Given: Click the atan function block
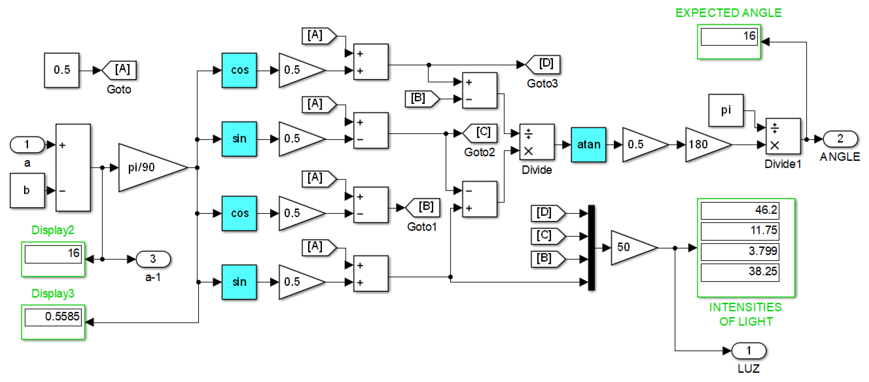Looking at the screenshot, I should (x=588, y=145).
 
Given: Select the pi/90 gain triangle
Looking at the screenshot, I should (x=149, y=168).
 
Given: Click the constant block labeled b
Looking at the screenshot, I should (x=27, y=191).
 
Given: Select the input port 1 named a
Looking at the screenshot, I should (x=27, y=145).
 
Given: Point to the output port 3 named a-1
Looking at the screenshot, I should (x=153, y=259).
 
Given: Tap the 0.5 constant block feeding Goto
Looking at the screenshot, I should (x=61, y=70).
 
